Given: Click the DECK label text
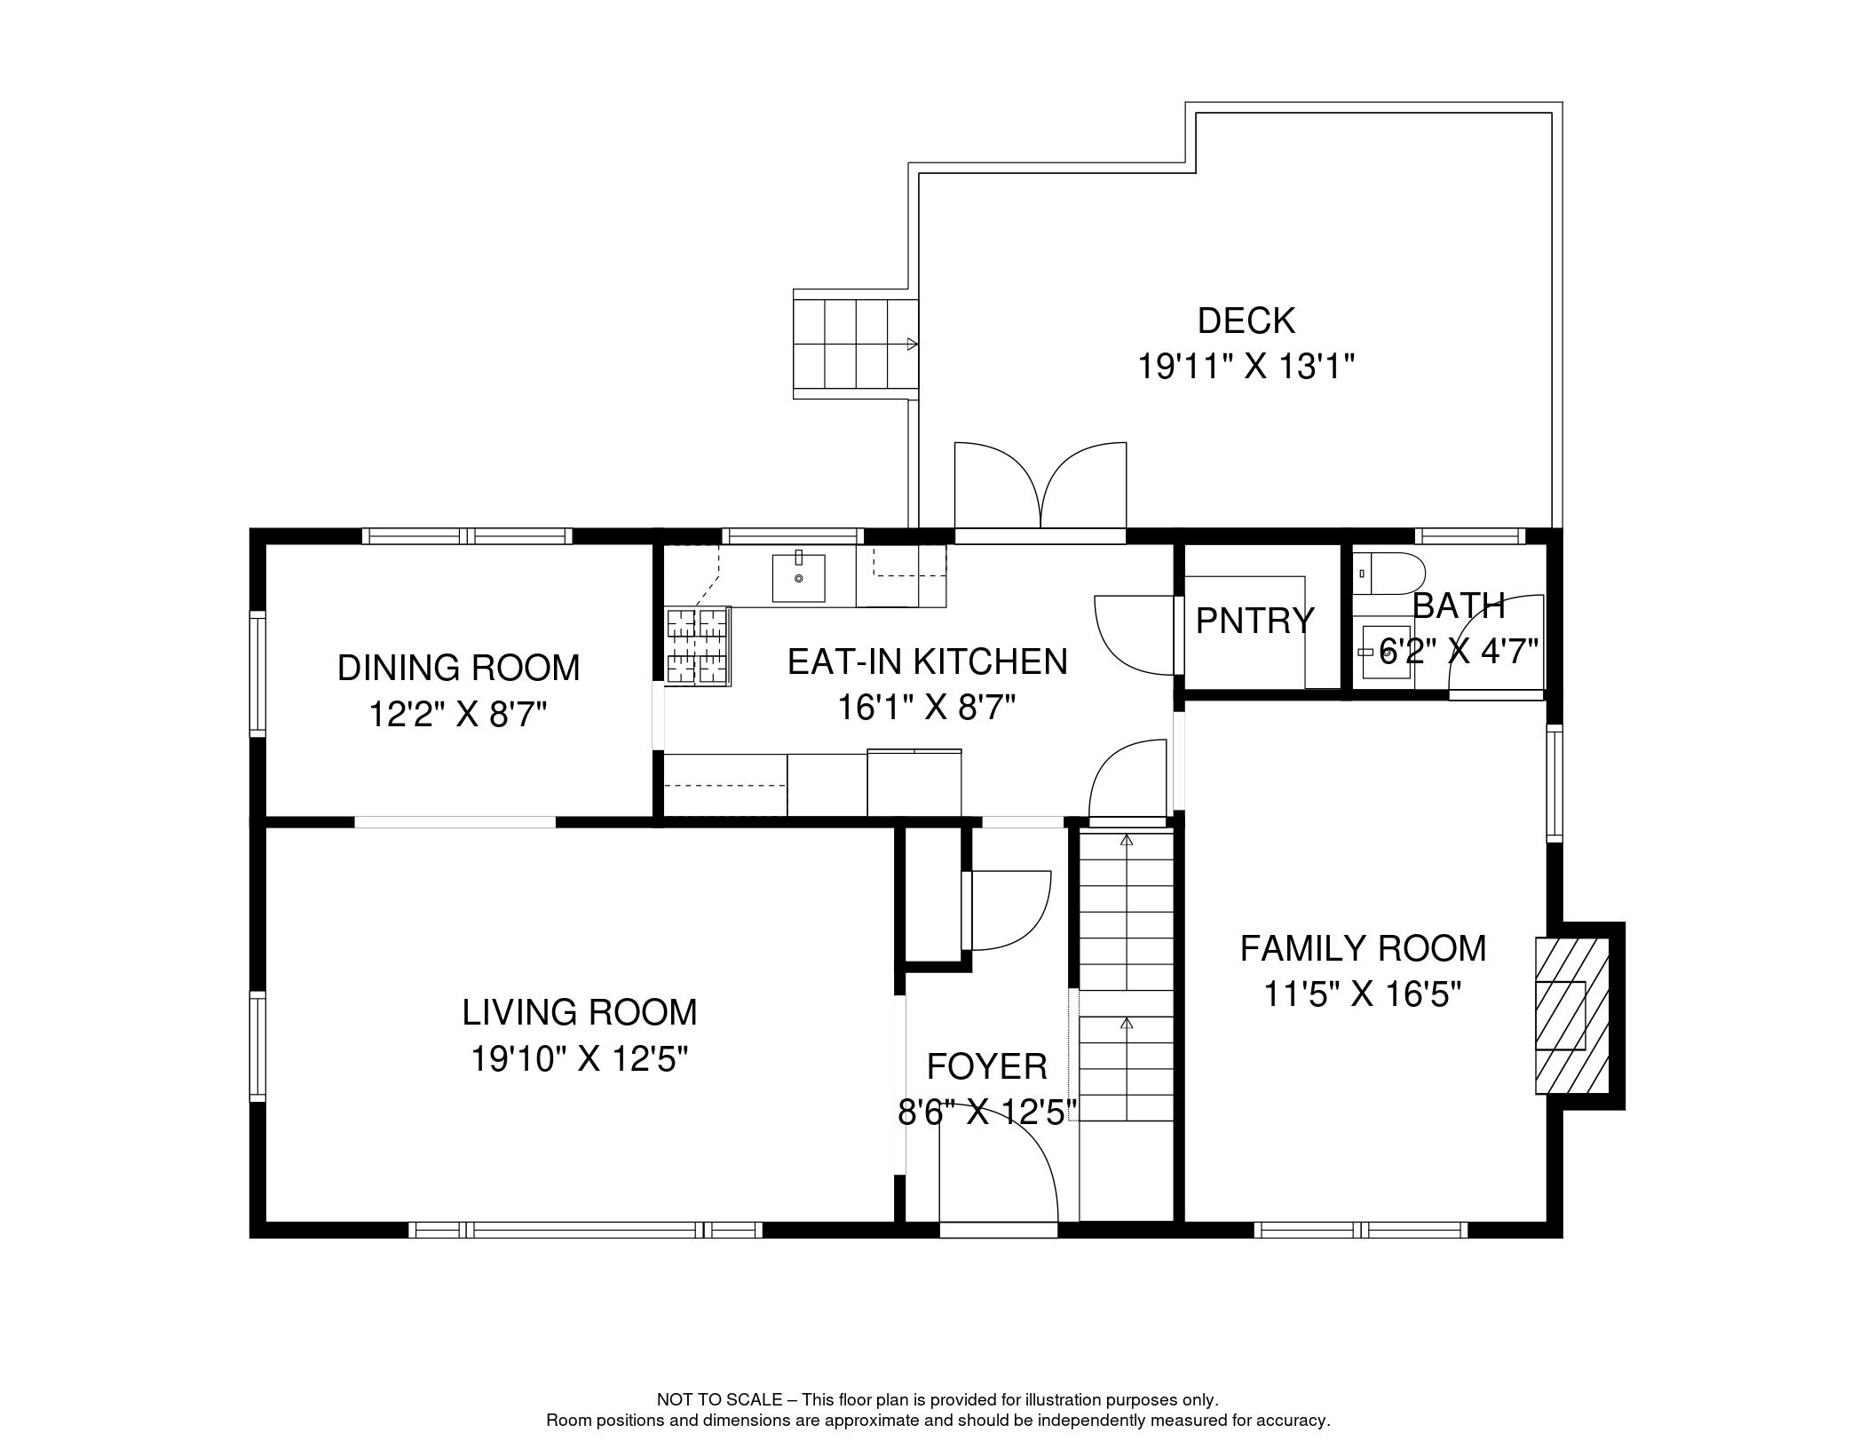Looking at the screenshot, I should tap(1246, 321).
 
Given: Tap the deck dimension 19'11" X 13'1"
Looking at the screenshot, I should tap(1246, 367).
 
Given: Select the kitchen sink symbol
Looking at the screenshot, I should tap(798, 577).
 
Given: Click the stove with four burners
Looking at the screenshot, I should tap(698, 646).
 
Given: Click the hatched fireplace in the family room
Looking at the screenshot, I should tap(1572, 1016).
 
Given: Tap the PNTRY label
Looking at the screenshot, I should tap(1254, 621).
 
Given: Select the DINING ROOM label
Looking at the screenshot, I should tap(458, 668).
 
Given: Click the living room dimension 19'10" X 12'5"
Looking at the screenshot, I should tap(580, 1058).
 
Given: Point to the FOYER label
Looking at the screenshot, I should tap(986, 1066).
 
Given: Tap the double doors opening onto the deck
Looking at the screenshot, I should tap(1040, 488).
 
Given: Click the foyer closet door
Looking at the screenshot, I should tap(1009, 910).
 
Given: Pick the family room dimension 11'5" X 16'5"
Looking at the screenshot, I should tap(1362, 994).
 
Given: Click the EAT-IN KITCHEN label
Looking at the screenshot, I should tap(927, 662).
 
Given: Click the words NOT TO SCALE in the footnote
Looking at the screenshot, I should tap(718, 1400).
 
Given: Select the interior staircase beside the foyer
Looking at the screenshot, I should tap(1126, 977).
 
